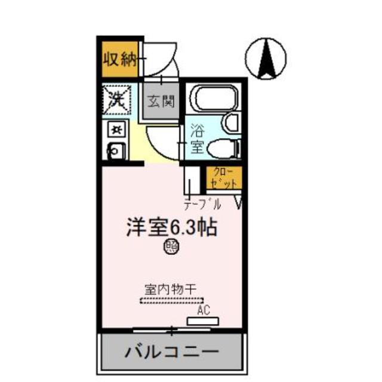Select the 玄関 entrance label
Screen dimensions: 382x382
click(161, 101)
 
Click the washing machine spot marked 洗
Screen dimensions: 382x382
click(117, 98)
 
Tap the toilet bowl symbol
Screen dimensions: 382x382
click(224, 147)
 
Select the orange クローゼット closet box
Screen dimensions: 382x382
click(225, 177)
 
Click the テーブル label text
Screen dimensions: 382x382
click(202, 205)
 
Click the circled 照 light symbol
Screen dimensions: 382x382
click(171, 245)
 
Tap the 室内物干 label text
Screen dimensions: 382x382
click(170, 288)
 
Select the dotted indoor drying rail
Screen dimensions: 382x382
click(172, 300)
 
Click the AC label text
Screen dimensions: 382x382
click(204, 310)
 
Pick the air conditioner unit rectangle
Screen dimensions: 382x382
click(203, 321)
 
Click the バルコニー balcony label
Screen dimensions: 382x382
click(171, 351)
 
